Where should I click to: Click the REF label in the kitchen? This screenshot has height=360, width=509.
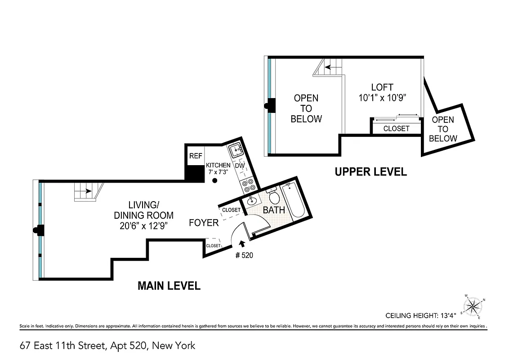196,157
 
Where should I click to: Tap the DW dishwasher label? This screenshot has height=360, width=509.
240,166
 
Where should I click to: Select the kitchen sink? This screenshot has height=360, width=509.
236,150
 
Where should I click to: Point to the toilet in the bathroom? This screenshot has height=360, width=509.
274,196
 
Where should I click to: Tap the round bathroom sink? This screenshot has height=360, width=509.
252,201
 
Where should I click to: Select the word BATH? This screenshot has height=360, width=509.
274,210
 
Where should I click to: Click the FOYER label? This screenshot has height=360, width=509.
204,222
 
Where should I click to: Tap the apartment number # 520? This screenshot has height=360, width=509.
244,255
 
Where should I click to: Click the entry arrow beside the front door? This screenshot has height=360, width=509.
243,244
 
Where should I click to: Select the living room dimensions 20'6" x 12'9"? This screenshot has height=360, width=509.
144,226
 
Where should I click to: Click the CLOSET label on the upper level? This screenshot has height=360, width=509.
396,129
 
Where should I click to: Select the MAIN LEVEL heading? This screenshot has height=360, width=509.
169,286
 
